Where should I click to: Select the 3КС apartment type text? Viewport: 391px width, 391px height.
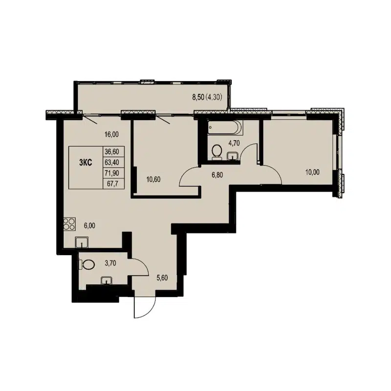85,163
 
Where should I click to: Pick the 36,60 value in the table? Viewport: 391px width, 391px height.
112,152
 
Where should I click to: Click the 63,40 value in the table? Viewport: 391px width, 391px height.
112,162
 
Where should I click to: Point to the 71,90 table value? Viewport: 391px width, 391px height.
112,173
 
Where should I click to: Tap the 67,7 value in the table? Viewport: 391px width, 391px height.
112,183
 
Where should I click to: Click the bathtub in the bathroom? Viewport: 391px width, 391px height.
224,129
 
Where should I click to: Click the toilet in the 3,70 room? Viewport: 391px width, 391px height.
87,264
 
